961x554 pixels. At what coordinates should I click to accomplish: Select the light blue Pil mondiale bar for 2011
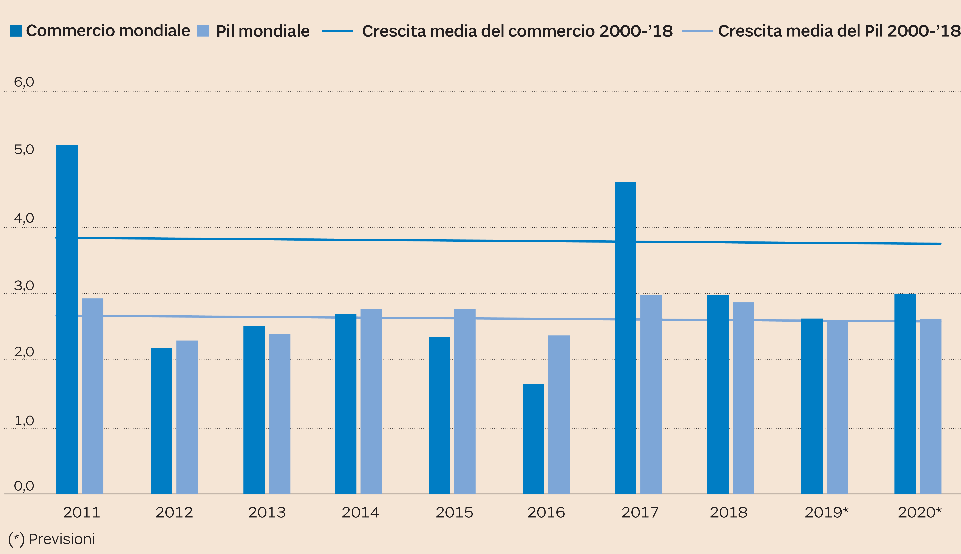(93, 396)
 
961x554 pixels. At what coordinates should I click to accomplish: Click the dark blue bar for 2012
(161, 421)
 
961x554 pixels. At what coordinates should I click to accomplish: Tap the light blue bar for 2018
(743, 398)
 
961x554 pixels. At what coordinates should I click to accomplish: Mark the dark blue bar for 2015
(439, 415)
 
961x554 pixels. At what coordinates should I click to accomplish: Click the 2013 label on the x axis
(267, 513)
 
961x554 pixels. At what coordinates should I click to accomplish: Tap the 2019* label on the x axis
(826, 513)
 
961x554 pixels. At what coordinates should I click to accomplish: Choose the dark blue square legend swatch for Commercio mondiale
(16, 31)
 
